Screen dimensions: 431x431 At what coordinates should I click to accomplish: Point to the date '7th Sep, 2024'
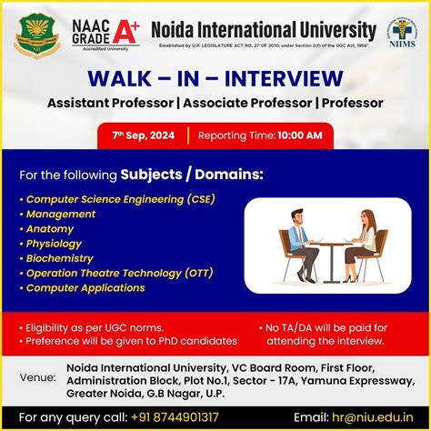pyautogui.click(x=145, y=135)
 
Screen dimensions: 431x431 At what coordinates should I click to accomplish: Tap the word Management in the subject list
pyautogui.click(x=61, y=214)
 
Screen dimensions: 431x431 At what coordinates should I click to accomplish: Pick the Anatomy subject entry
pyautogui.click(x=50, y=228)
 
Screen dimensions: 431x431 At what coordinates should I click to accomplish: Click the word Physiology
pyautogui.click(x=54, y=243)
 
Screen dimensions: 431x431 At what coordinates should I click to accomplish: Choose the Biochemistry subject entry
pyautogui.click(x=59, y=258)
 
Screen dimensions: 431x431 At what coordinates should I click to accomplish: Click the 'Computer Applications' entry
pyautogui.click(x=87, y=287)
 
